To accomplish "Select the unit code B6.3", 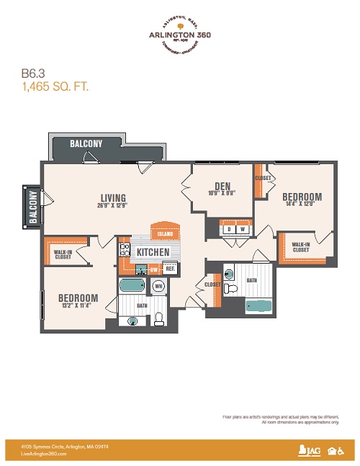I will click(32, 73).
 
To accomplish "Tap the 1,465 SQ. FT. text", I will click(54, 86).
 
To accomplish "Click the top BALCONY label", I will click(86, 143).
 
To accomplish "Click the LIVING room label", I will click(113, 198).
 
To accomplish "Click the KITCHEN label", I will click(153, 252).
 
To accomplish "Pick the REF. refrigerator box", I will click(171, 269).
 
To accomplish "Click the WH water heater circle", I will click(158, 286).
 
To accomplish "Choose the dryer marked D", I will click(229, 230).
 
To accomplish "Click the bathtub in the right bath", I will click(259, 306).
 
